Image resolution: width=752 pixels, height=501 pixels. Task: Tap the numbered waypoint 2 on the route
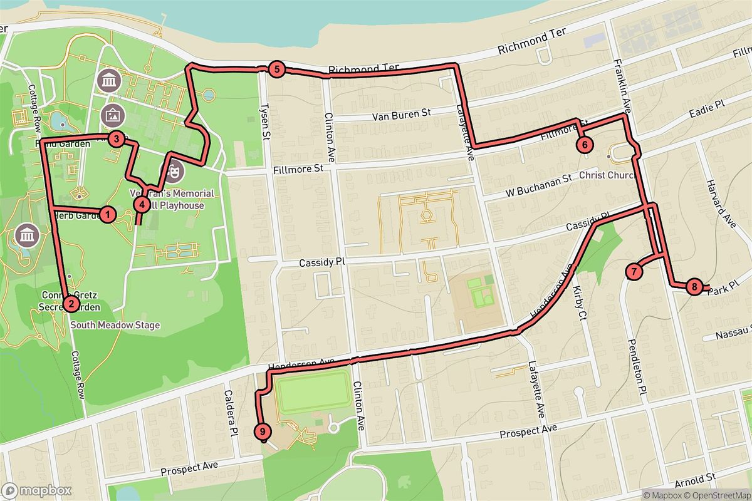coord(71,304)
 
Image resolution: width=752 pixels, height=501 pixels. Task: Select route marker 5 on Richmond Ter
coord(276,70)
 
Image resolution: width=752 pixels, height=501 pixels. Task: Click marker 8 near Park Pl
coord(694,287)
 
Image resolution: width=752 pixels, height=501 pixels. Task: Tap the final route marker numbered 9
coord(263,431)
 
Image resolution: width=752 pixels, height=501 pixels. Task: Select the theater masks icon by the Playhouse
coord(174,169)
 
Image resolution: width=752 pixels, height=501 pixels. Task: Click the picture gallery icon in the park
coord(112,115)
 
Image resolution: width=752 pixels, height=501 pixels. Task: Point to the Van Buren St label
coord(402,115)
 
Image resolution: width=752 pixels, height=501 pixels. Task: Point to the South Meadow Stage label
coord(115,325)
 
